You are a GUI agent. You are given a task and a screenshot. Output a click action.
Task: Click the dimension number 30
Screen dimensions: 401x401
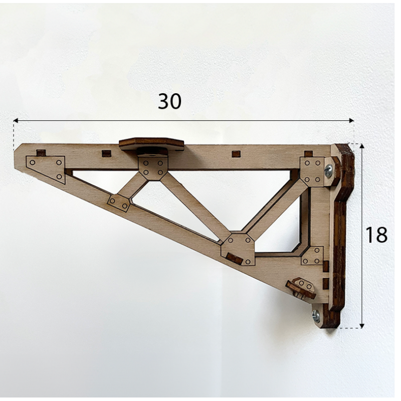coord(169,101)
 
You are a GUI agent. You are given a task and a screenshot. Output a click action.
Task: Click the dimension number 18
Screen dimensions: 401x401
coord(376,234)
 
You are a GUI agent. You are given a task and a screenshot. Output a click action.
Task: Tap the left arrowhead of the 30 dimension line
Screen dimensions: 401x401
coord(16,121)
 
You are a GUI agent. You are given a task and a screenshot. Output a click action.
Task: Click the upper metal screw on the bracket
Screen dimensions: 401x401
coord(329,171)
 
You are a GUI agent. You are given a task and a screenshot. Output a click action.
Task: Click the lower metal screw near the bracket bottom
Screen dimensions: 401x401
coord(316,315)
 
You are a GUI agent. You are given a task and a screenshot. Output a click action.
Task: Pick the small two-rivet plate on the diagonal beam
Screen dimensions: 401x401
coord(119,203)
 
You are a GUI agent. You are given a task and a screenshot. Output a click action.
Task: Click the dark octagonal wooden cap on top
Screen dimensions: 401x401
coord(152,144)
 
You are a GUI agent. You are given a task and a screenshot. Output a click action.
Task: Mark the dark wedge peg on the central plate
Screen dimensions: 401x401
coord(234,258)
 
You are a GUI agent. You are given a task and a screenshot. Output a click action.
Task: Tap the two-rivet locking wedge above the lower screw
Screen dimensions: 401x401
coord(301,288)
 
